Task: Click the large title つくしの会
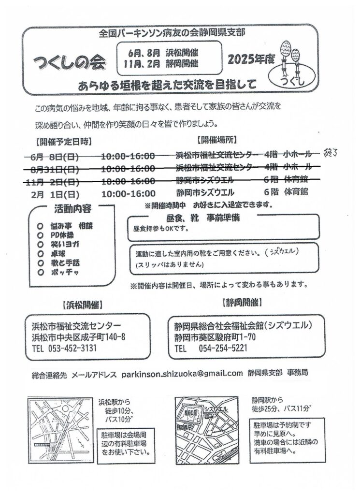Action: point(71,62)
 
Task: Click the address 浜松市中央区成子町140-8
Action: point(78,336)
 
